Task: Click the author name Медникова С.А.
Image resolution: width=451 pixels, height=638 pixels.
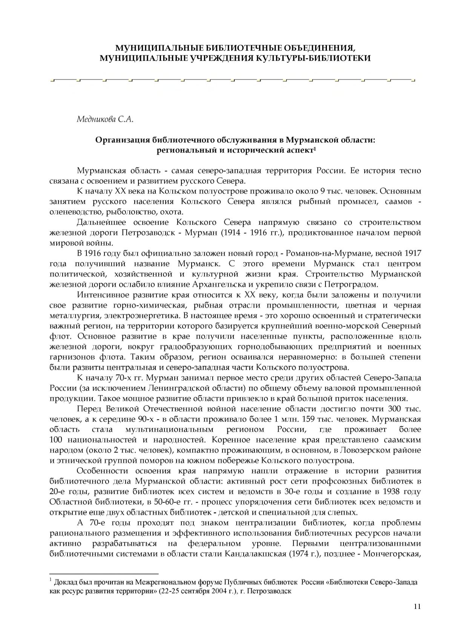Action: coord(105,120)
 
